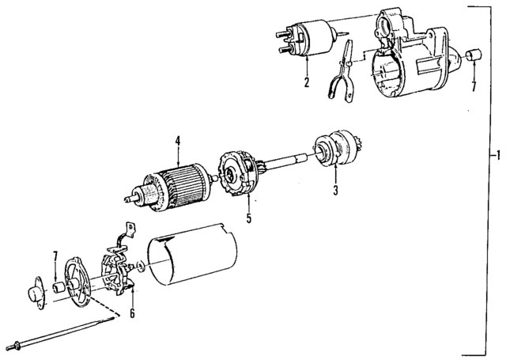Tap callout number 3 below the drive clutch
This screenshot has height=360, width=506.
pos(335,190)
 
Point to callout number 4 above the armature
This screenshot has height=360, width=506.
pos(178,142)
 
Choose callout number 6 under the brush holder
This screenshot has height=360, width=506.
pos(132,313)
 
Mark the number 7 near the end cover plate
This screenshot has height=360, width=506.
pos(55,257)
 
